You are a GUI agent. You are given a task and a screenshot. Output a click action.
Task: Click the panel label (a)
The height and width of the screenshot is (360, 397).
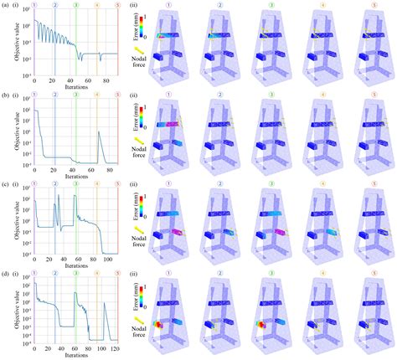[5, 4]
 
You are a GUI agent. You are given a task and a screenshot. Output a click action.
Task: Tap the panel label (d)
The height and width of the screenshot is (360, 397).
[5, 274]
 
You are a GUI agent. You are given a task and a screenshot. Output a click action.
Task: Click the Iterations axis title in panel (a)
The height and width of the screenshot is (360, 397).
[75, 84]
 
